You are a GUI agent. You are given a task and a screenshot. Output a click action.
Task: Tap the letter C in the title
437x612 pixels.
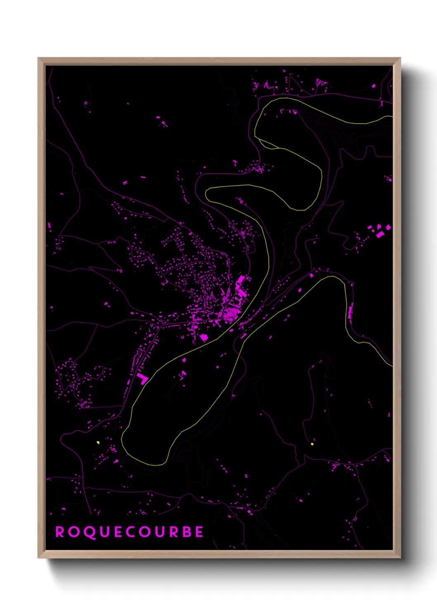click(130, 532)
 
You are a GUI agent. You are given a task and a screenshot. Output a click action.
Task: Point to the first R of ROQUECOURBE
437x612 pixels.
click(59, 532)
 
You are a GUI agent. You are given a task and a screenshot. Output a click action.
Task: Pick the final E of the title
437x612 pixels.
click(199, 532)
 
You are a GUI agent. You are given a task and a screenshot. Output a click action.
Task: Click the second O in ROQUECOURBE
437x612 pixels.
click(144, 532)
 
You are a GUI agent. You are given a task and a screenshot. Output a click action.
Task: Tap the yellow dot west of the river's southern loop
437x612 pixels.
click(98, 442)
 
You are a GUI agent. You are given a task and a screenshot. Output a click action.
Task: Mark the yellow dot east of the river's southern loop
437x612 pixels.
click(312, 444)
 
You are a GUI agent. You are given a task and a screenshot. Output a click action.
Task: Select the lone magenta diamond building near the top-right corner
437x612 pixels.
click(373, 86)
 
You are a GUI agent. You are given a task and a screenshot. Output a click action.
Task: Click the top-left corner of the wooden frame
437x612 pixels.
click(38, 58)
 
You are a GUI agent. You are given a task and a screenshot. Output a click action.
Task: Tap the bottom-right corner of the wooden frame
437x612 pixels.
click(400, 557)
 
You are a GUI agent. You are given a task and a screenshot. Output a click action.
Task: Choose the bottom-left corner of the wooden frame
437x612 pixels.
click(38, 557)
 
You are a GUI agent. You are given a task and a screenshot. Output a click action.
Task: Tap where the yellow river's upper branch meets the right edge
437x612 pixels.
click(391, 117)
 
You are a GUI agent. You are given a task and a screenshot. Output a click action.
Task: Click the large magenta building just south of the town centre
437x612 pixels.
click(203, 338)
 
